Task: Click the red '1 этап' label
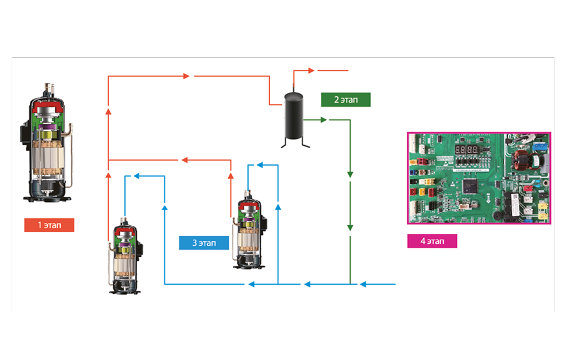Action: tap(49, 225)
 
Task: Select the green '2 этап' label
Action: tap(345, 99)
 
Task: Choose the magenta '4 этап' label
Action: tap(432, 241)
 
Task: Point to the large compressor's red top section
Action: tap(48, 108)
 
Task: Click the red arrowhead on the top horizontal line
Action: tap(187, 76)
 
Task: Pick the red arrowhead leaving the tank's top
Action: tap(311, 71)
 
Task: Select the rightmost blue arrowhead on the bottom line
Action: tap(364, 284)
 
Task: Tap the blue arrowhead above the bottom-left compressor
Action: tap(136, 175)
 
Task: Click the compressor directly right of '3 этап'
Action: tap(249, 233)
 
